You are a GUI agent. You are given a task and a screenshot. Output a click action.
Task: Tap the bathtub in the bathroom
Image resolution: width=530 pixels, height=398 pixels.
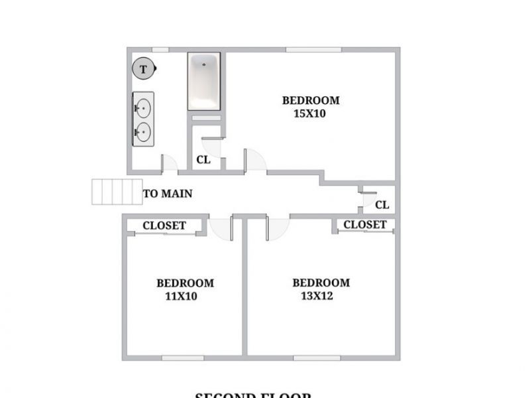(204, 81)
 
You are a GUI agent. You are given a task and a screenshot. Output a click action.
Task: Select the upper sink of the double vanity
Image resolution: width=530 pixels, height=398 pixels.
(142, 107)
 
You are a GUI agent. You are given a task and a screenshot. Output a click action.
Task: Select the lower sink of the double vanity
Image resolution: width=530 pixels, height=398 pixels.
(142, 132)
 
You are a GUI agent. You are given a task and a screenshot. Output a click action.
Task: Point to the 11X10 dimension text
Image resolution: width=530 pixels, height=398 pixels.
(181, 297)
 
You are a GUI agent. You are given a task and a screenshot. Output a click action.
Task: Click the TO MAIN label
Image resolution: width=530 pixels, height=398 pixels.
(168, 194)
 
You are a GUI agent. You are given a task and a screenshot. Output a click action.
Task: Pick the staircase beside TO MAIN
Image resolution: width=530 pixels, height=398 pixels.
(117, 191)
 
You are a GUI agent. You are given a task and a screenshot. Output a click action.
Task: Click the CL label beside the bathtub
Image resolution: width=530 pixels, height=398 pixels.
(203, 160)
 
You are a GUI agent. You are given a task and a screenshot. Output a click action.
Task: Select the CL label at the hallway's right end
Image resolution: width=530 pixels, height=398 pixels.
(382, 204)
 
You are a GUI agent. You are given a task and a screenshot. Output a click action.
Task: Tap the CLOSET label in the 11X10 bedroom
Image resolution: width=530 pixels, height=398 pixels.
(164, 226)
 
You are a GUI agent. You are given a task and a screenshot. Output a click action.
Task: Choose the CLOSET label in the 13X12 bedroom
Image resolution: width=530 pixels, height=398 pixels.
(364, 225)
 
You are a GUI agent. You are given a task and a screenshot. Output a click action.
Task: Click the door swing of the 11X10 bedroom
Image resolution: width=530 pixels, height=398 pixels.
(219, 228)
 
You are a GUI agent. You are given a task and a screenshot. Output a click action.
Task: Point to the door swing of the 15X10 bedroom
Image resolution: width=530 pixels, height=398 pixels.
(256, 159)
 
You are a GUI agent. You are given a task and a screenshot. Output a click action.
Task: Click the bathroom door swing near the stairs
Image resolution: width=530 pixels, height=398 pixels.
(169, 161)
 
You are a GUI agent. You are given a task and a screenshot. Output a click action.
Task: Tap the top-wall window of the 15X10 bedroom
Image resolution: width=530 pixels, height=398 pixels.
(313, 49)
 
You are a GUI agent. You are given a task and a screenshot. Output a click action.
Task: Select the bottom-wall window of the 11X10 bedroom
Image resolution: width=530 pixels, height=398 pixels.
(182, 358)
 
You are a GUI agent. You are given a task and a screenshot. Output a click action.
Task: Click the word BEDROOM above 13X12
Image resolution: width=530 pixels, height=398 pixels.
(321, 283)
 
